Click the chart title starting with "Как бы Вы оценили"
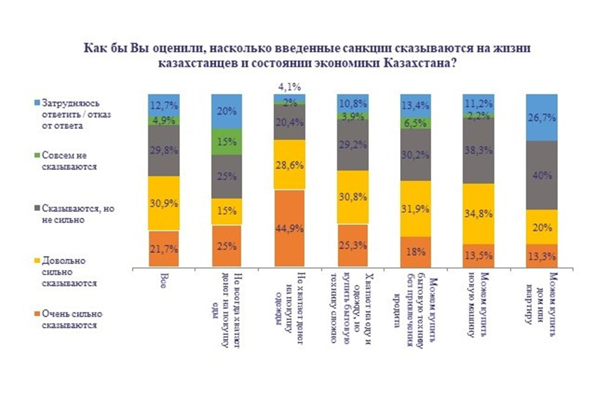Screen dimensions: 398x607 tap(307, 57)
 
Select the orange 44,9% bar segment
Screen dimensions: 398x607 tap(290, 228)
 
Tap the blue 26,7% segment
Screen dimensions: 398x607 tap(541, 117)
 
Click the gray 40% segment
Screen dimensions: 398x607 tap(541, 175)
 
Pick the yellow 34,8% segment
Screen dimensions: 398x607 tap(478, 213)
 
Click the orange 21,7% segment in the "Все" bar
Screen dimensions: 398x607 tap(164, 249)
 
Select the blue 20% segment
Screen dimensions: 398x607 tap(227, 112)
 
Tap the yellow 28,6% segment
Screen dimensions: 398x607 tap(290, 164)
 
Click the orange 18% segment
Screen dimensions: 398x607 tap(415, 252)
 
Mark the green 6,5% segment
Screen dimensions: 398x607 tap(415, 123)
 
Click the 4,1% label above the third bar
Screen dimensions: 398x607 tap(289, 87)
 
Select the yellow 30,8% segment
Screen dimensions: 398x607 tap(353, 197)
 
